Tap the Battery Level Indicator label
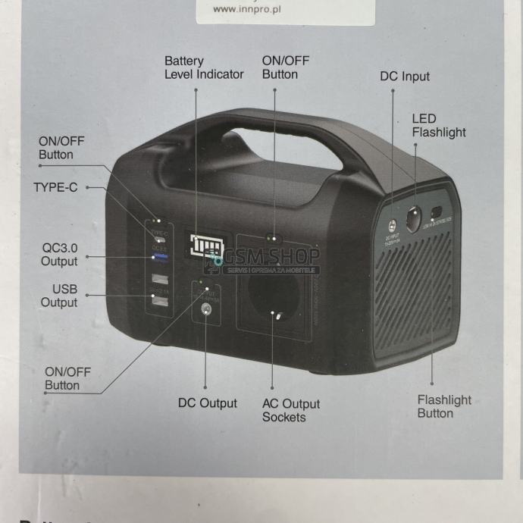coord(204,67)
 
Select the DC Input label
coord(404,77)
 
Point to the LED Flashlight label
coord(438,126)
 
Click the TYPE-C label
coord(55,187)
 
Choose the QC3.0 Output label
coord(59,255)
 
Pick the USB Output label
coord(59,296)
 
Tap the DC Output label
coord(207,403)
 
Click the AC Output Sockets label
coord(291,410)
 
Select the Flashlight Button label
coord(444,406)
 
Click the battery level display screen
coord(204,246)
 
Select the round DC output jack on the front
coord(204,308)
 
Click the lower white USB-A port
coord(160,301)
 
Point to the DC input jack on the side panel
coord(391,226)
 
